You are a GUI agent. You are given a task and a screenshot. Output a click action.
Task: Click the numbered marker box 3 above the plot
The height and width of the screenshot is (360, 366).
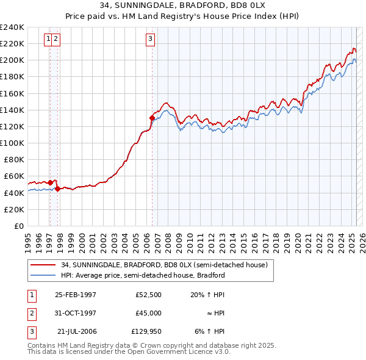150,40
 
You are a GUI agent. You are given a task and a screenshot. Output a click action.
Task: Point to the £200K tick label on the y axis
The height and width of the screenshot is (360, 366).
12,60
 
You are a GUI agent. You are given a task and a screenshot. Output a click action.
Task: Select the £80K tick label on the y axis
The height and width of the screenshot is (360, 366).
14,159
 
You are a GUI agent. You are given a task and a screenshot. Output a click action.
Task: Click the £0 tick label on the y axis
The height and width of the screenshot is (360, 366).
20,226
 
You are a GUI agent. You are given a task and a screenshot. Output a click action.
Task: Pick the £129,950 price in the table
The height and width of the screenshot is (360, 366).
146,331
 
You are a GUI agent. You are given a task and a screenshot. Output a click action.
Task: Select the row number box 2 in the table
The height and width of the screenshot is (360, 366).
30,313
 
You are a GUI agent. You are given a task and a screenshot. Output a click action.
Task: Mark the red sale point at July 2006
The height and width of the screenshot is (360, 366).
152,118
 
